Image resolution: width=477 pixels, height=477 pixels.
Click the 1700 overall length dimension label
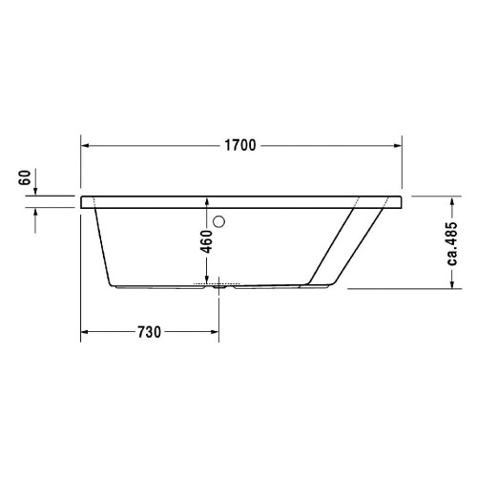coord(240,145)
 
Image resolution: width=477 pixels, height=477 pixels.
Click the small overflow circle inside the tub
coord(220,224)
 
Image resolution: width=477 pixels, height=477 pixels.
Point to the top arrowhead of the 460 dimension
coord(207,202)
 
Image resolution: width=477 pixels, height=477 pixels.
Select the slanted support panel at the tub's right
coord(343,243)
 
